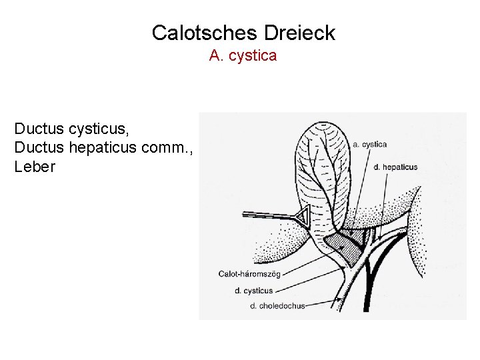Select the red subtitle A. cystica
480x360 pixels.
pyautogui.click(x=243, y=56)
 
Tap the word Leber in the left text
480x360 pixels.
pyautogui.click(x=35, y=167)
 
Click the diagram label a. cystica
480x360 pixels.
pyautogui.click(x=369, y=144)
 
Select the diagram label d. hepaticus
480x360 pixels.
pyautogui.click(x=395, y=167)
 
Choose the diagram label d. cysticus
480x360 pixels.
pyautogui.click(x=253, y=290)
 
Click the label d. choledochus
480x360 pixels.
pyautogui.click(x=277, y=306)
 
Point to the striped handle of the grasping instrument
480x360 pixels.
pyautogui.click(x=267, y=215)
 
